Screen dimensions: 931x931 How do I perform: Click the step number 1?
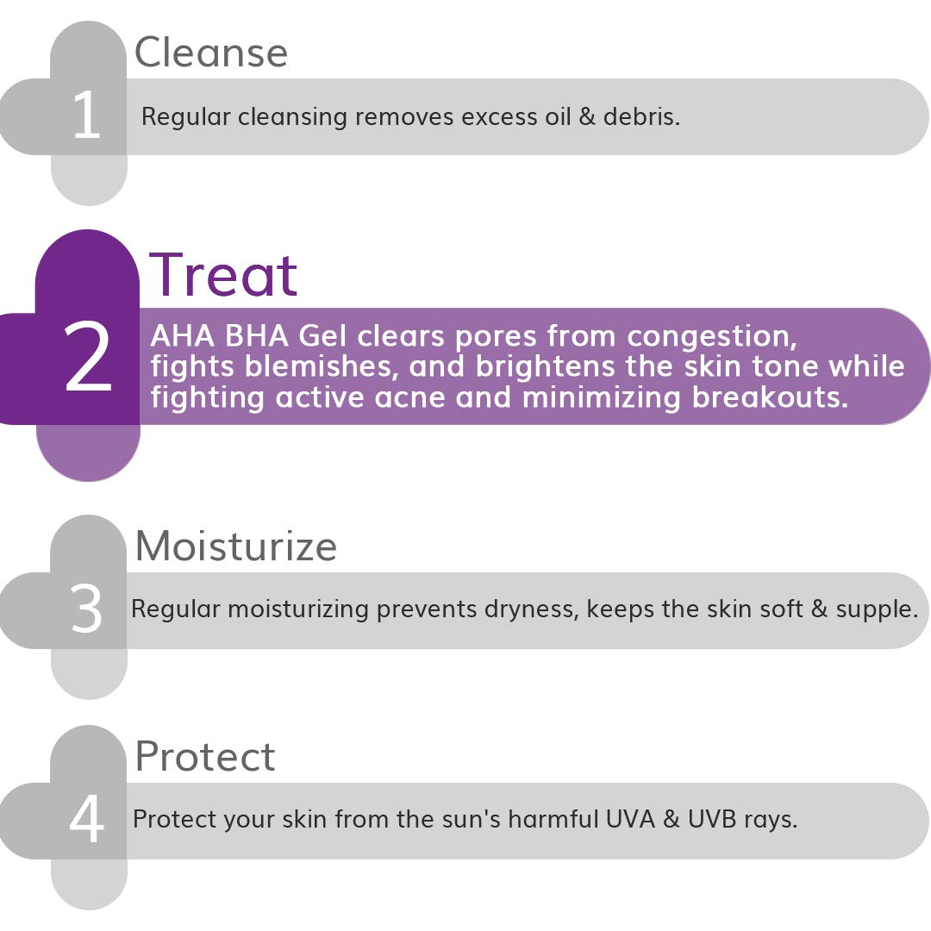87,116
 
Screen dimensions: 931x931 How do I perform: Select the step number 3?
86,609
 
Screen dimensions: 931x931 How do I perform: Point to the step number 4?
87,820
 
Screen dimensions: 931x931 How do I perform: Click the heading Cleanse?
211,53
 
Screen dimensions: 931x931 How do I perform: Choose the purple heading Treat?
224,275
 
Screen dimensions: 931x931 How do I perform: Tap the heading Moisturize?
235,546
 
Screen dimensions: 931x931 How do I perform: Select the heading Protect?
205,756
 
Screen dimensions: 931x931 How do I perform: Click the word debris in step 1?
642,116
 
